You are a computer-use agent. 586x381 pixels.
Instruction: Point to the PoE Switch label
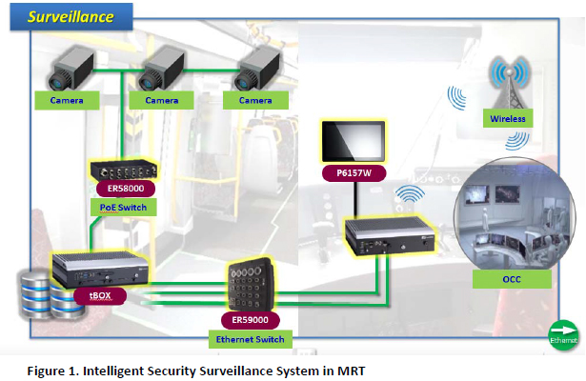click(124, 208)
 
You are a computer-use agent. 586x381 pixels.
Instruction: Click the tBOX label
click(101, 296)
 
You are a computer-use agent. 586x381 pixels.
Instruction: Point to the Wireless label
click(509, 119)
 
